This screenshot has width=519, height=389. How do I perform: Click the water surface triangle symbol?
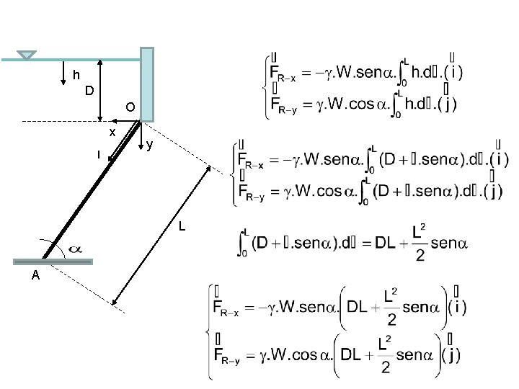point(27,55)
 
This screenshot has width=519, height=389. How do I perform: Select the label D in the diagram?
point(89,91)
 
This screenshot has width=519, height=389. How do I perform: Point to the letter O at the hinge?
point(129,107)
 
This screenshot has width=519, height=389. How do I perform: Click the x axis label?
point(112,133)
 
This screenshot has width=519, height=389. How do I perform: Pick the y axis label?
point(148,146)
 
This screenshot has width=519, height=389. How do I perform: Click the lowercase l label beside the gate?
point(98,153)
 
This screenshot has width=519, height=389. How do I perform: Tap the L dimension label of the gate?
point(182,228)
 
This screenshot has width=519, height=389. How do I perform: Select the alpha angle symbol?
point(75,249)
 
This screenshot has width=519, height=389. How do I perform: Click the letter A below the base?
point(35,277)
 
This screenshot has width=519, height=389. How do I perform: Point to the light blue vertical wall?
point(147,84)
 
